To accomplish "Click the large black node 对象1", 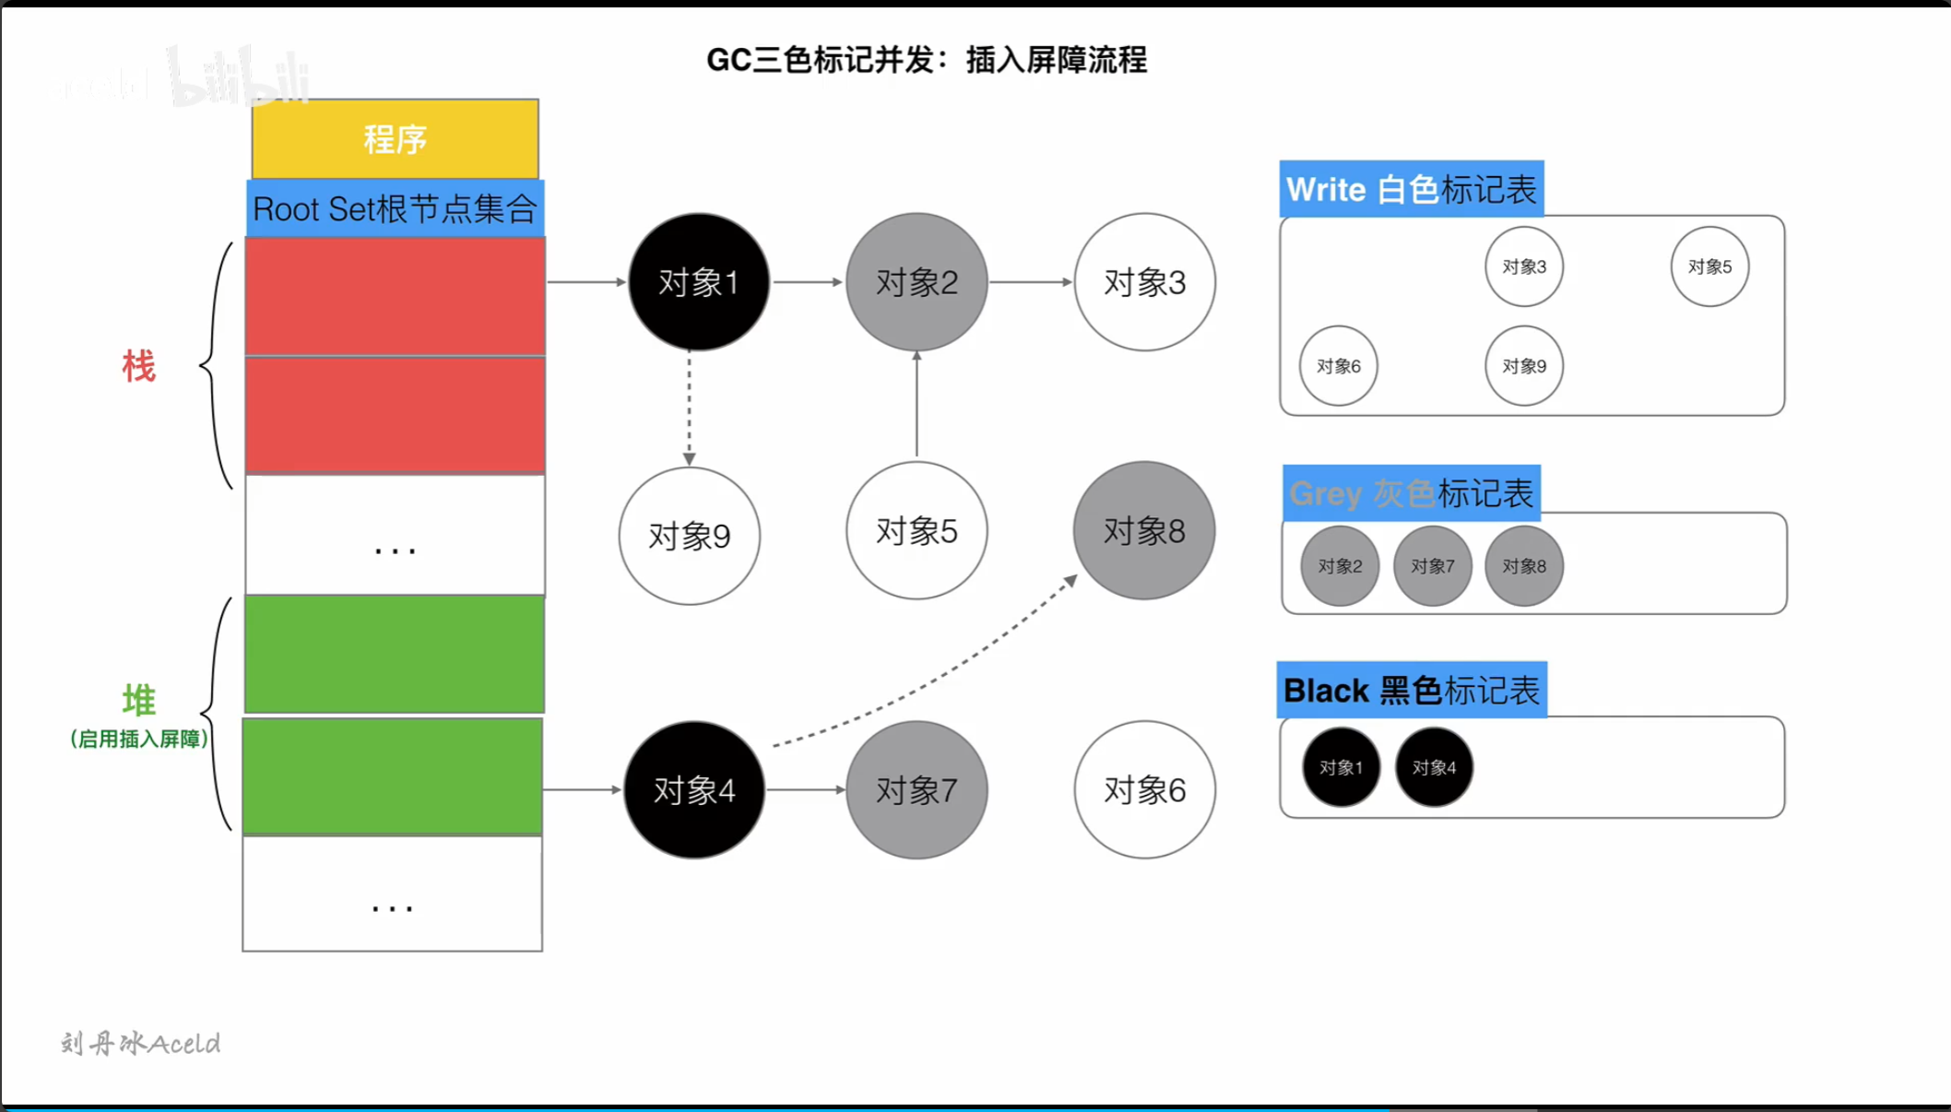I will (x=698, y=282).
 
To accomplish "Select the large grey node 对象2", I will (x=916, y=282).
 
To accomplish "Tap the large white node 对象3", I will (x=1144, y=282).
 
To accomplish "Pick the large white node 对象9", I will (x=689, y=536).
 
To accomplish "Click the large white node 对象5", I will (x=916, y=531).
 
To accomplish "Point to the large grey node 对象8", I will (x=1144, y=531).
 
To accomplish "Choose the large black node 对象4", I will (x=694, y=790).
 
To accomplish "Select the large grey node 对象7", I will (x=916, y=790).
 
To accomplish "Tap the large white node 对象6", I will (x=1144, y=790).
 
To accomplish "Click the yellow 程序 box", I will (x=395, y=139).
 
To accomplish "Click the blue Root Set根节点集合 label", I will (x=395, y=208).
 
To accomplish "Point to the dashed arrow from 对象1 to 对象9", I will (x=689, y=406).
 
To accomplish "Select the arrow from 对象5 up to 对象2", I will (x=916, y=406).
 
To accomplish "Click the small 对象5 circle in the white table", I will (x=1709, y=267).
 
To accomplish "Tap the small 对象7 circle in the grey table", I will (x=1432, y=566).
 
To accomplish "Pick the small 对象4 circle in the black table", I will (x=1434, y=767).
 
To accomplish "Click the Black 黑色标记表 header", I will (x=1411, y=691).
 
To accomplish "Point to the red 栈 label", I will (x=139, y=366).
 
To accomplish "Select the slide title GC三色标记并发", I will (x=926, y=60).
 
